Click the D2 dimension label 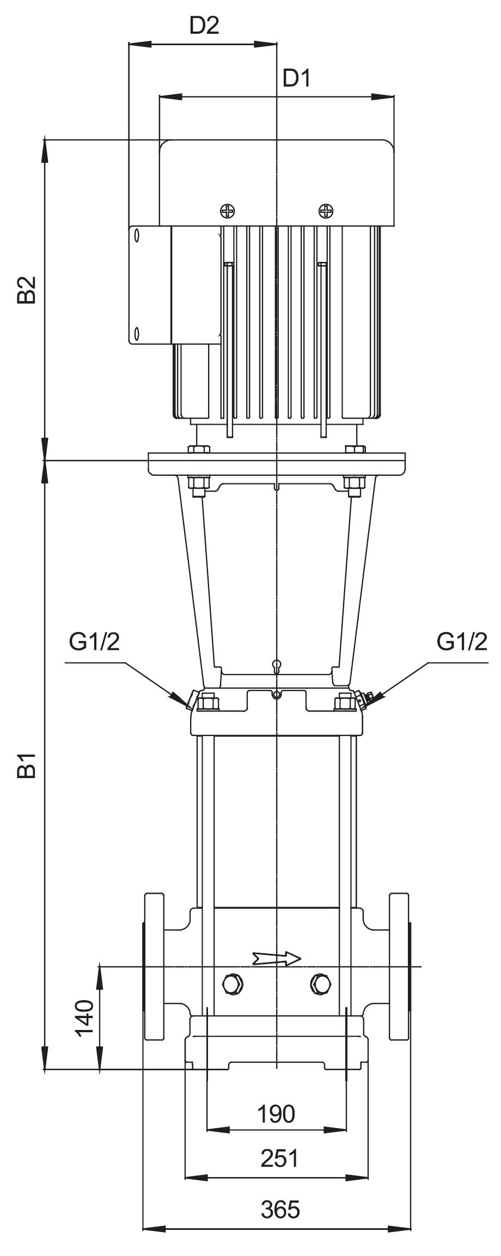tap(204, 26)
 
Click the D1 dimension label tap(296, 79)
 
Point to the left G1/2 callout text tap(94, 642)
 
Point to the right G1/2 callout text tap(462, 642)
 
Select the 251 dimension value tap(280, 1158)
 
